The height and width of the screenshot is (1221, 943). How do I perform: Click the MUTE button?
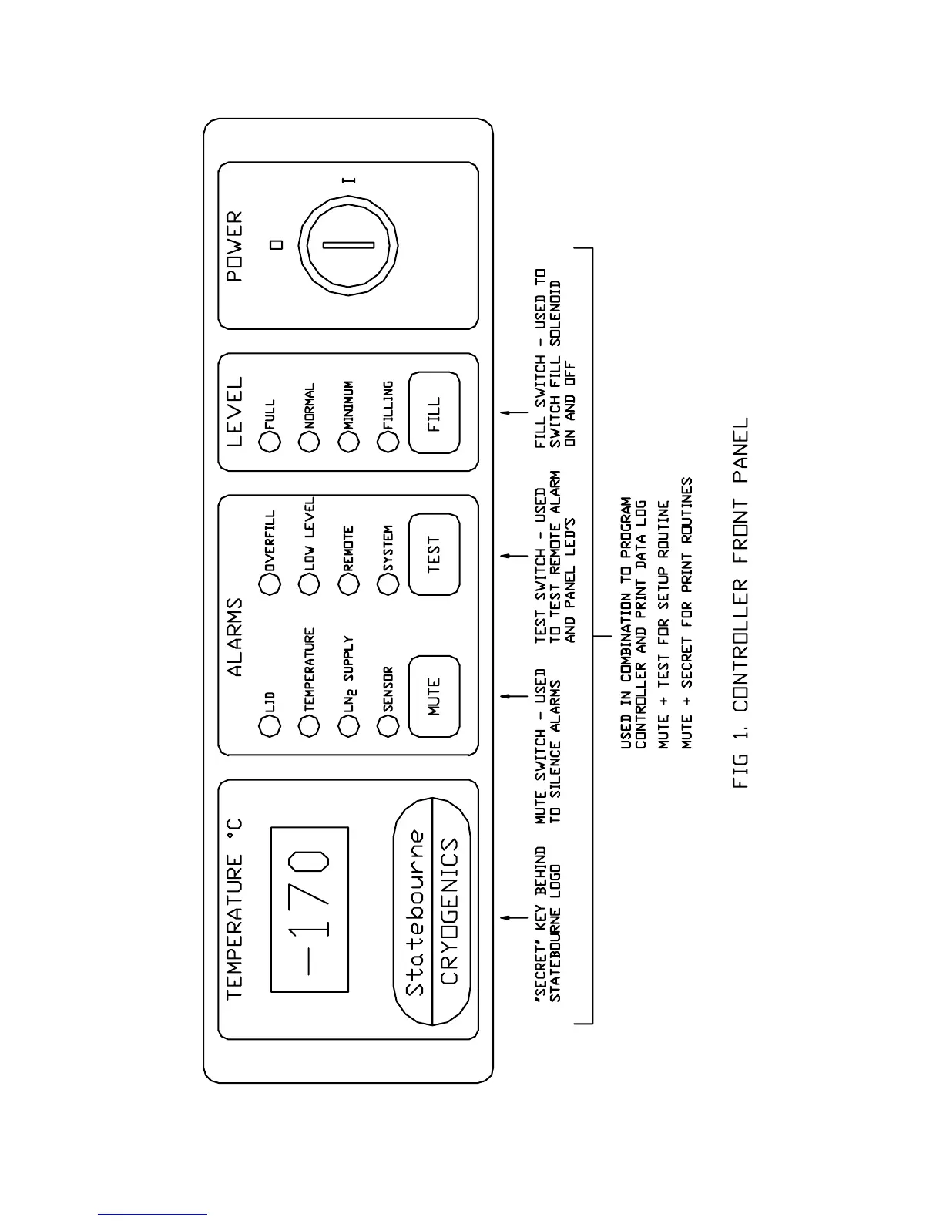click(434, 696)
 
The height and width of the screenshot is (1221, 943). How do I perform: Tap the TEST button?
click(434, 553)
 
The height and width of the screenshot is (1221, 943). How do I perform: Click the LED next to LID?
click(269, 726)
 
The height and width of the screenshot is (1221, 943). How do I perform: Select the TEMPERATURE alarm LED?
click(308, 726)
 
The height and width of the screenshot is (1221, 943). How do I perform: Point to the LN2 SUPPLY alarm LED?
click(348, 726)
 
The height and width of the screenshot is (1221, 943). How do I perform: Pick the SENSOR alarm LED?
click(388, 726)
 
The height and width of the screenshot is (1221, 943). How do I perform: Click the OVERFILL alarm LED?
click(269, 584)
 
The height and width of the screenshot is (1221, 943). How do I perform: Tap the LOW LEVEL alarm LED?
click(308, 584)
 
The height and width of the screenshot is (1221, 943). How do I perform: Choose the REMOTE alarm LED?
click(348, 584)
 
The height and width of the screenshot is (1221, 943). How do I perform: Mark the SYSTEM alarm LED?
click(388, 584)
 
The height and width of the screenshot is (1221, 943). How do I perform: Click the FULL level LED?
click(269, 442)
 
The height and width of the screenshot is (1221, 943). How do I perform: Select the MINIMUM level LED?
click(348, 442)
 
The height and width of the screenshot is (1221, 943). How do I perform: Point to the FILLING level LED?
click(388, 442)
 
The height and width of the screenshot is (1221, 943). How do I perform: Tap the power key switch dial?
click(348, 245)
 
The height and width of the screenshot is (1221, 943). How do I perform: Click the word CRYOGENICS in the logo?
click(449, 911)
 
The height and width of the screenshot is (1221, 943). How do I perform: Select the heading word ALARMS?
click(235, 637)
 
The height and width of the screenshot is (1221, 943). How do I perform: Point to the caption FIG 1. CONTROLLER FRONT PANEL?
click(740, 603)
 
